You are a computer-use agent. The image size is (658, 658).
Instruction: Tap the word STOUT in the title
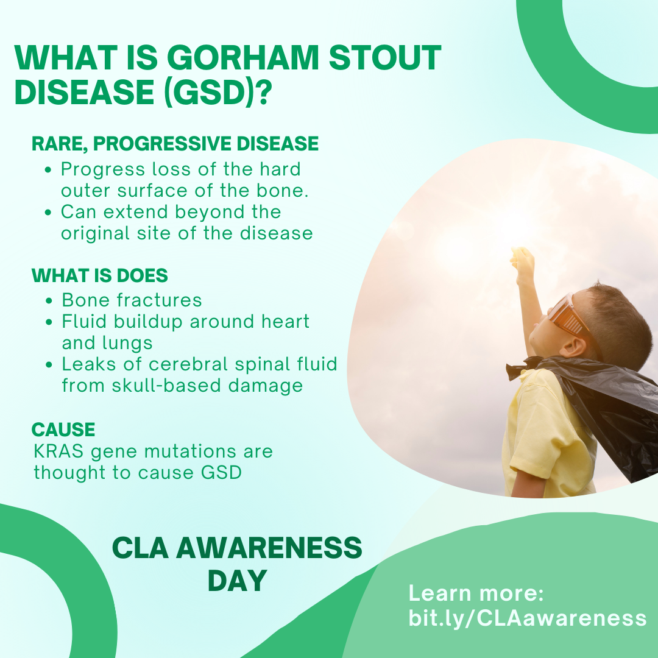pos(385,57)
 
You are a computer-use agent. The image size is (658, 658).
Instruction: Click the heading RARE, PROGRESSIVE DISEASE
pos(175,144)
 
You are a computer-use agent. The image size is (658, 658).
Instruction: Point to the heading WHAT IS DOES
pos(100,276)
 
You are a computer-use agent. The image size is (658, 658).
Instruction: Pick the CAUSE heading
pos(63,430)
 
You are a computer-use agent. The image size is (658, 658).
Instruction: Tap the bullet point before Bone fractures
pos(49,301)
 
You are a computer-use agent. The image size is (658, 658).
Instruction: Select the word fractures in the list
pos(160,300)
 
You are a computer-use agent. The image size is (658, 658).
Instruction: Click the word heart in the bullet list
pos(285,322)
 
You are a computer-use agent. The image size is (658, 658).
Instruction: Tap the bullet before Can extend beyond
pos(48,213)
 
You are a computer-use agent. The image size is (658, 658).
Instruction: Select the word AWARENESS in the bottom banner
pos(269,548)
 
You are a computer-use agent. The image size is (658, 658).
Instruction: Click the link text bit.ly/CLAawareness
pos(528,618)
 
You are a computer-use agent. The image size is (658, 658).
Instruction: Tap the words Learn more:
pos(476,593)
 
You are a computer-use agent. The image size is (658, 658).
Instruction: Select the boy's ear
pos(575,347)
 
